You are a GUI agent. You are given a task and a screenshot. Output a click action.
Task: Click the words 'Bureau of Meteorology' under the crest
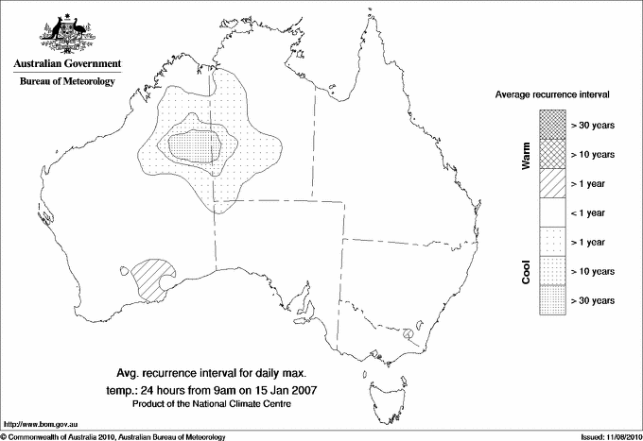click(67, 81)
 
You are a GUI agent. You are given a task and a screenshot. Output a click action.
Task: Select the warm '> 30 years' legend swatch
click(552, 123)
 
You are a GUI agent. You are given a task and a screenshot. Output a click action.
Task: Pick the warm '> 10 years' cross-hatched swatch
click(552, 153)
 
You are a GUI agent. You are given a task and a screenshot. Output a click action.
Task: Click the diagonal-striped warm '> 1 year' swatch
click(552, 182)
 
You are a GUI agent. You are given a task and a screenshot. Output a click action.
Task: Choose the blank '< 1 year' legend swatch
click(552, 212)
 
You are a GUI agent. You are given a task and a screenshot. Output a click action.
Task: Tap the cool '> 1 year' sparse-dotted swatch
click(552, 242)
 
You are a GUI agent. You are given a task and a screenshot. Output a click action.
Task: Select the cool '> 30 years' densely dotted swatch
click(552, 300)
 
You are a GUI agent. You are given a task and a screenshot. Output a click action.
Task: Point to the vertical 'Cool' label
click(526, 271)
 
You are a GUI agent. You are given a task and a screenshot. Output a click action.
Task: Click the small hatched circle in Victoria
click(408, 333)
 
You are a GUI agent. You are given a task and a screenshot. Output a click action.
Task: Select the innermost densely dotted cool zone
click(194, 147)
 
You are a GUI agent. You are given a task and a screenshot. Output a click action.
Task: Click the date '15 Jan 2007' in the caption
click(283, 388)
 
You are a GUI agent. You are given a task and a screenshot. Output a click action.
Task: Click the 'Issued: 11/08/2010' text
click(608, 435)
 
